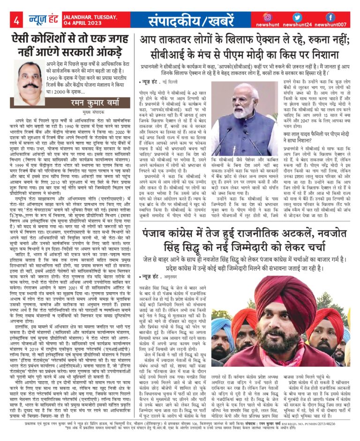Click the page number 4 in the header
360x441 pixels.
click(x=15, y=21)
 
